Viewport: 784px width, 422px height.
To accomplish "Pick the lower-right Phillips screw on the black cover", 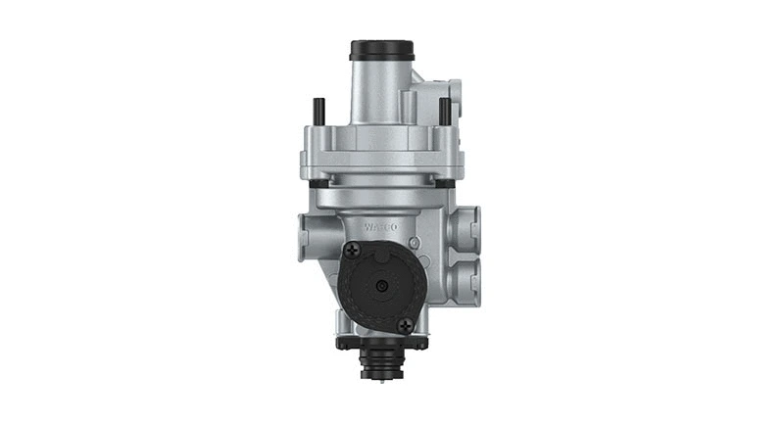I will (x=405, y=324).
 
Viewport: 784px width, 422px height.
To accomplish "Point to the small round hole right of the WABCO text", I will (x=416, y=242).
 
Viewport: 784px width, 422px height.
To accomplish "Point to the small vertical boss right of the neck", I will (x=414, y=101).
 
